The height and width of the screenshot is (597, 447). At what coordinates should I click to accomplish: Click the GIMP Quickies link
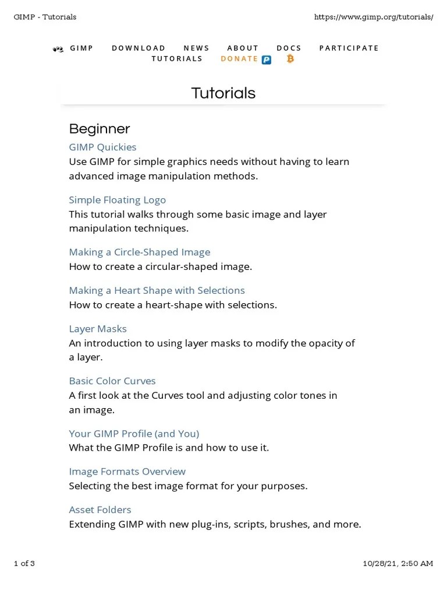(x=102, y=147)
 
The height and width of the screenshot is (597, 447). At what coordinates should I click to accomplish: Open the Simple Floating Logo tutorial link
(x=117, y=200)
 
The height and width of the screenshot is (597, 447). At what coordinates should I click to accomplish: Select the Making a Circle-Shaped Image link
(x=139, y=252)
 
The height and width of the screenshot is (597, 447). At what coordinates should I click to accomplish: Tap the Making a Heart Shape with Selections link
(x=157, y=290)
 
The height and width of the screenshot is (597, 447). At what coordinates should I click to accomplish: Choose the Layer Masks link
(x=97, y=329)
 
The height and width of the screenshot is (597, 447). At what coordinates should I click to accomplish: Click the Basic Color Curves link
(x=112, y=381)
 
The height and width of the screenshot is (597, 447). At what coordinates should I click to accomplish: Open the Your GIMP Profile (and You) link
(x=134, y=433)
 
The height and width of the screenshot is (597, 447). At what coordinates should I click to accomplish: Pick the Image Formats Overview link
(x=127, y=471)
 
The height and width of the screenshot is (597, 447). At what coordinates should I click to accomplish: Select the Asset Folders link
(x=100, y=510)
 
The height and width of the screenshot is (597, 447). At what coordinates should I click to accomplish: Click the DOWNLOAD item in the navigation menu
(x=139, y=48)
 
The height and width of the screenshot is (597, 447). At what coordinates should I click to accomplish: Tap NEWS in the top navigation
(x=196, y=48)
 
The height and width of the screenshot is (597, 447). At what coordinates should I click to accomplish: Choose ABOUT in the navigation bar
(x=243, y=48)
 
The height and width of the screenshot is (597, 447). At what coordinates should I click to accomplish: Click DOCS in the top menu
(x=289, y=48)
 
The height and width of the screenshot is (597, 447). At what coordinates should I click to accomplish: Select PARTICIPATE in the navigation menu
(x=349, y=48)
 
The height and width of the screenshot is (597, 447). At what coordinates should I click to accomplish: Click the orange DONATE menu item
(x=239, y=59)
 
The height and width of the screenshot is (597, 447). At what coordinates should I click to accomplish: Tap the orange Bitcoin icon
(x=290, y=59)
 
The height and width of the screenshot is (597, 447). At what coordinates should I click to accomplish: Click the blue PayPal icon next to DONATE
(x=267, y=59)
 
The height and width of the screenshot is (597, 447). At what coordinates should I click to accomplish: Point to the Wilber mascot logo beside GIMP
(x=58, y=49)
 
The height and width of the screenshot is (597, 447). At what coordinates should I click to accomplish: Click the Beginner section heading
(x=99, y=129)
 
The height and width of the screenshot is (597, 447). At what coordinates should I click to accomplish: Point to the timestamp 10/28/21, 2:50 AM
(x=398, y=563)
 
